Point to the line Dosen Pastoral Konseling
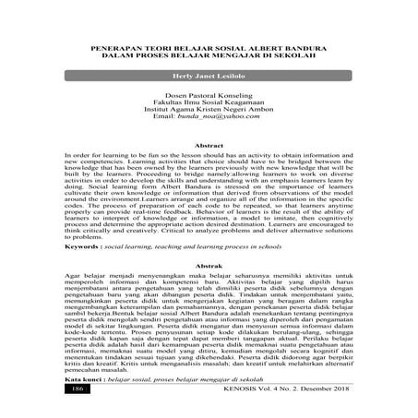[x=209, y=118]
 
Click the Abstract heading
[x=209, y=172]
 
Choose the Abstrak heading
[x=209, y=264]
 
